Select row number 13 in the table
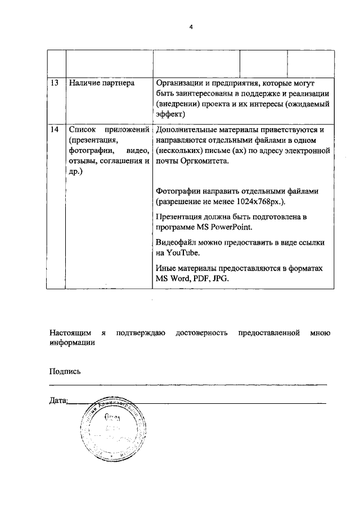click(x=55, y=83)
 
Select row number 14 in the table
click(x=55, y=129)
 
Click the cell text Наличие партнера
click(x=102, y=83)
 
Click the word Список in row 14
click(x=80, y=129)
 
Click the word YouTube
click(x=180, y=253)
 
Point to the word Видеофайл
click(x=175, y=242)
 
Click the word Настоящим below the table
click(x=69, y=333)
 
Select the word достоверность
click(x=201, y=333)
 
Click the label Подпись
click(x=65, y=371)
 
